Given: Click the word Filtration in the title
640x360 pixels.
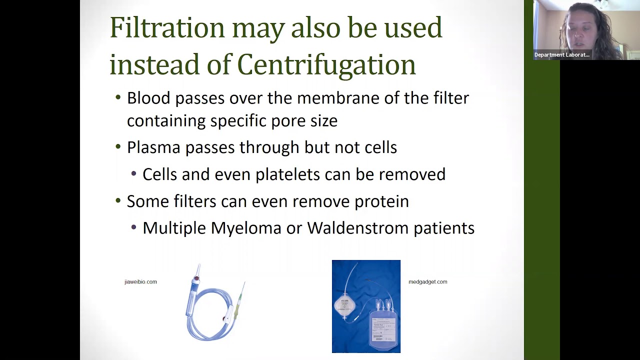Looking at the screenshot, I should [167, 28].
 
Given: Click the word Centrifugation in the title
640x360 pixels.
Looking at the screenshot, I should [326, 65].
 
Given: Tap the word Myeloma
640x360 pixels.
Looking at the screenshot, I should [245, 228].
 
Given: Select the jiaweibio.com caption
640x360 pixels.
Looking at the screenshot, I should [140, 282].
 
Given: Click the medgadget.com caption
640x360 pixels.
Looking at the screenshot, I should [427, 282].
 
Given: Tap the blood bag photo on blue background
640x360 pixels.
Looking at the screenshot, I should [366, 306].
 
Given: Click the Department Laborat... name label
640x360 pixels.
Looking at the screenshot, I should [562, 55].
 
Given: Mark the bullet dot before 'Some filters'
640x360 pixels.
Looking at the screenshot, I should [118, 201].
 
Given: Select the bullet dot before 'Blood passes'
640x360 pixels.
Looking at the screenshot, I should [118, 97].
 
